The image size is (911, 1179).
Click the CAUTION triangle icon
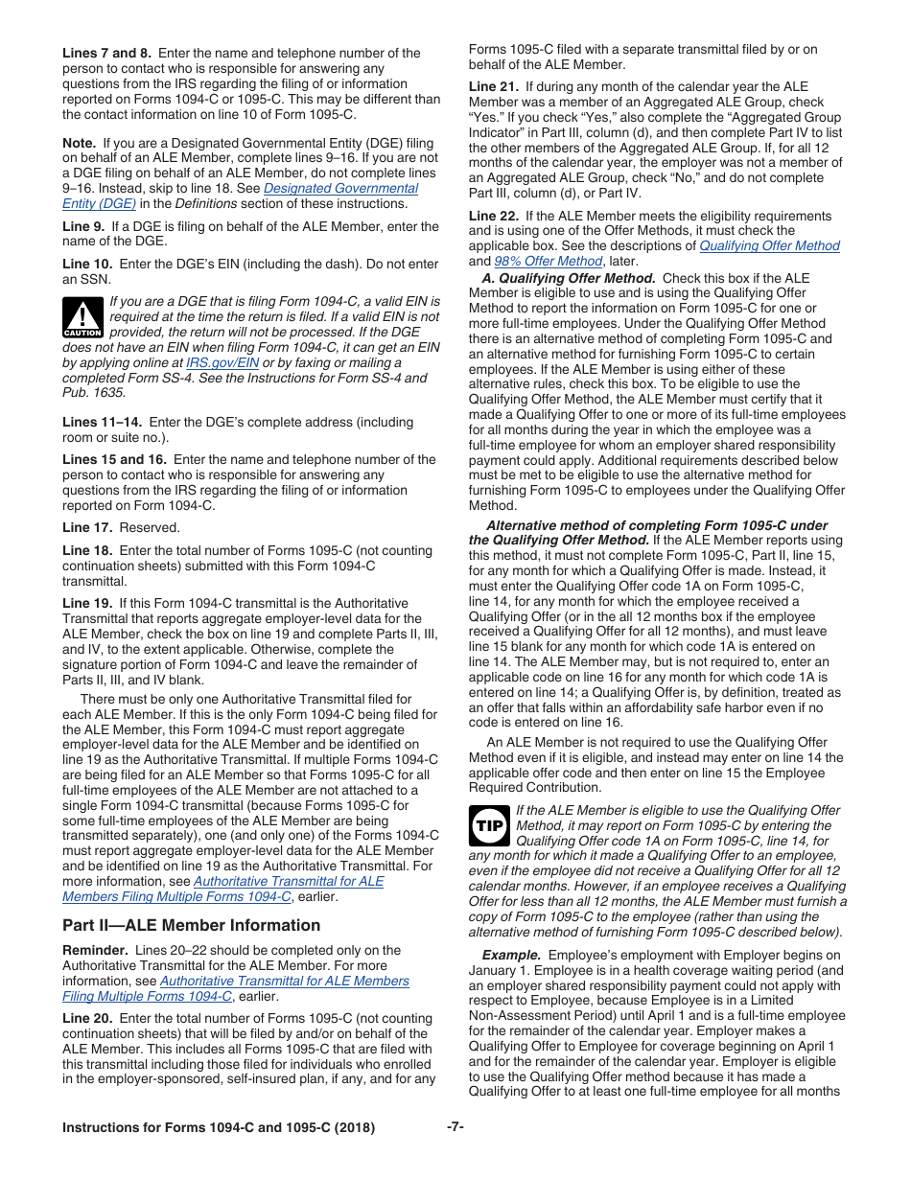(x=82, y=316)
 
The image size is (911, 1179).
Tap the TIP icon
(x=490, y=822)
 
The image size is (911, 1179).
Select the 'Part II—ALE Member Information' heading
(x=191, y=925)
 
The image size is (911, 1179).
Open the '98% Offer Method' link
(x=548, y=261)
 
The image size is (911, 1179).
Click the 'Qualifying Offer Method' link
(x=769, y=245)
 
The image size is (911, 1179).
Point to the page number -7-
(x=455, y=1127)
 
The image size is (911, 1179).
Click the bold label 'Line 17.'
(x=89, y=527)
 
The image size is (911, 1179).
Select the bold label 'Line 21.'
(x=495, y=86)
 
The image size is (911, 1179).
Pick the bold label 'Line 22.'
(x=495, y=216)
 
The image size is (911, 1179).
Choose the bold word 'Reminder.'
(x=95, y=950)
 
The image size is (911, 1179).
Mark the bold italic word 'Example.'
(x=511, y=955)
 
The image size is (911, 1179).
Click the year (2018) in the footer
(x=354, y=1128)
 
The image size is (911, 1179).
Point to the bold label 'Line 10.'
(x=89, y=263)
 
